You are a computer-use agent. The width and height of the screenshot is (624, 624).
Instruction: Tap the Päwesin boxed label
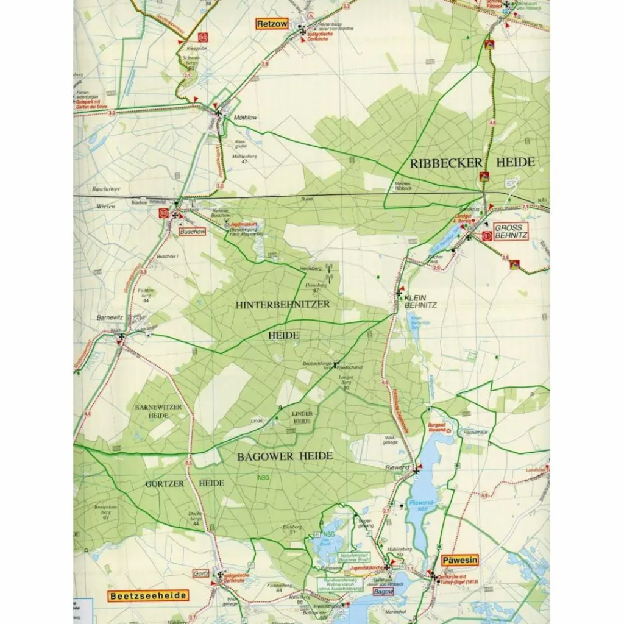460,560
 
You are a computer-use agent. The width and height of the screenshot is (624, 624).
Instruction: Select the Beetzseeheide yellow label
148,596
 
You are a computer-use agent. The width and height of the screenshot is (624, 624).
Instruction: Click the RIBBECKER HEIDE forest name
472,163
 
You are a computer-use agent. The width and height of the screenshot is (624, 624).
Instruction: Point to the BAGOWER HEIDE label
285,456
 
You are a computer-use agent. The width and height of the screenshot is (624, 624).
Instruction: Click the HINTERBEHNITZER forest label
282,304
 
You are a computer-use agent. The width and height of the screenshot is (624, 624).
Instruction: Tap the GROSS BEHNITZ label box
510,230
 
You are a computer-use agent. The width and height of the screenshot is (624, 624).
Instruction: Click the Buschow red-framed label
192,232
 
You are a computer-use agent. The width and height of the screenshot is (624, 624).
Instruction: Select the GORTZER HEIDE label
185,483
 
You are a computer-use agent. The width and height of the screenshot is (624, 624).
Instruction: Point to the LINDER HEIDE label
302,417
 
